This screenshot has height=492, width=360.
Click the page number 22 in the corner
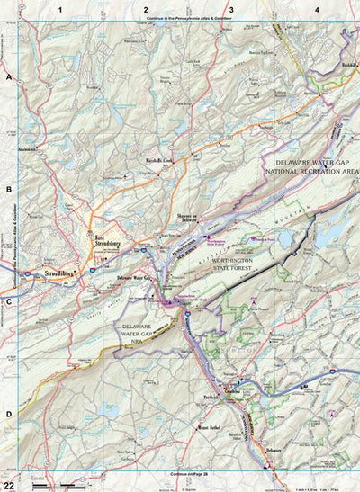tap(9, 484)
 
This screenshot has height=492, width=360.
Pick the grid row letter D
tap(9, 414)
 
